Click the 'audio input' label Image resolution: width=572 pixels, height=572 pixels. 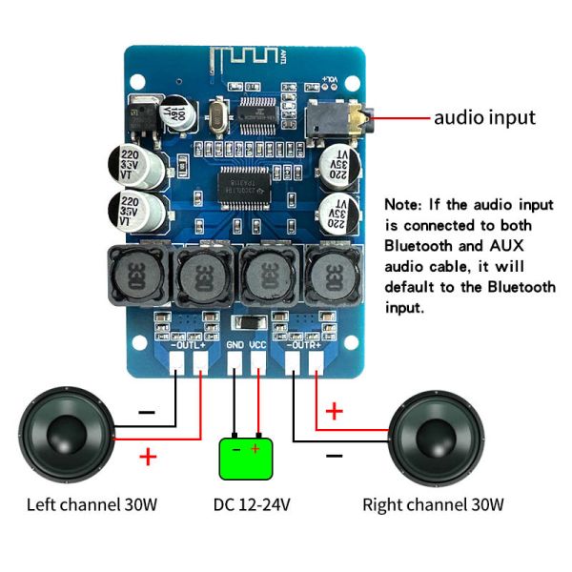(484, 118)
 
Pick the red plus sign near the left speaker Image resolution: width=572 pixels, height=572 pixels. (148, 456)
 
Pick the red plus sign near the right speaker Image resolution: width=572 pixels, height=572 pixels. (335, 411)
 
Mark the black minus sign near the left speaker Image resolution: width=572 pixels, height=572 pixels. (147, 413)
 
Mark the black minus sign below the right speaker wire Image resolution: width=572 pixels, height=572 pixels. (334, 457)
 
